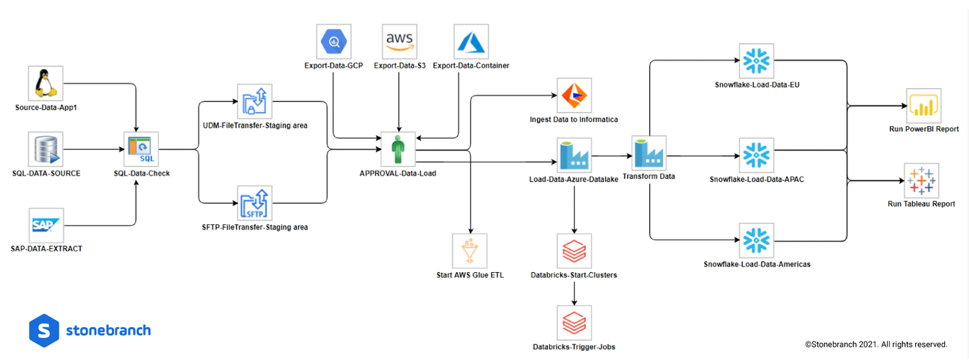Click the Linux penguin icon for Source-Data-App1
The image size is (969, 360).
46,83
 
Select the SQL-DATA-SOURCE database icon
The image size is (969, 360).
46,150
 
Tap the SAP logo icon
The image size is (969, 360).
46,225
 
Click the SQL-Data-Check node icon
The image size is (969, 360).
141,150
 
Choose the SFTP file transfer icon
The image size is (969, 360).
255,204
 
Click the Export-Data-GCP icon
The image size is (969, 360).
335,42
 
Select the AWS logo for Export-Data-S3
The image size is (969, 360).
400,42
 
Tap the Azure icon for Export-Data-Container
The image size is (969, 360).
471,42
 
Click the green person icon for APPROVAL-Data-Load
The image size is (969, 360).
398,150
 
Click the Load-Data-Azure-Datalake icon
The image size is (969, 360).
574,154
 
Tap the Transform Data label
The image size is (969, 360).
649,176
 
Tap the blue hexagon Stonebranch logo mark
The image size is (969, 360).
44,330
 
